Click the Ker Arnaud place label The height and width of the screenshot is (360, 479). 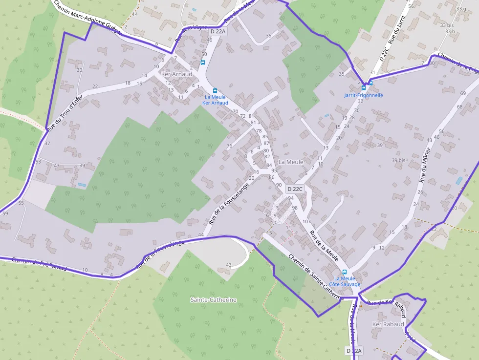[176, 74]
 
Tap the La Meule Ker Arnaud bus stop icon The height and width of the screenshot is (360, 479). [215, 91]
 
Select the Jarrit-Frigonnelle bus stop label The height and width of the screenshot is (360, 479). [364, 95]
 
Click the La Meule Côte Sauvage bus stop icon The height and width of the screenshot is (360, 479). [345, 272]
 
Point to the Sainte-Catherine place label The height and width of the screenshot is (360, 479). [214, 299]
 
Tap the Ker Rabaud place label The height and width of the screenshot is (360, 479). [388, 324]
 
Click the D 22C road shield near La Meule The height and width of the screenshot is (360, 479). [295, 189]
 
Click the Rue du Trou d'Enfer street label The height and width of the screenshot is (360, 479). [65, 111]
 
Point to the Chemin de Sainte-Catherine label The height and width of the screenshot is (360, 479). [316, 277]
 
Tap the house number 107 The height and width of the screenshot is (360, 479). [306, 222]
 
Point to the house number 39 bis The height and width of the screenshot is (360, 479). [399, 160]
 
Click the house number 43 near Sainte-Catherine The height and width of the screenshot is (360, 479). [229, 265]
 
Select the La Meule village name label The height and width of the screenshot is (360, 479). [290, 162]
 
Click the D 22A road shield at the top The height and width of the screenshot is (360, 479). [218, 31]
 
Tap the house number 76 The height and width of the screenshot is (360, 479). [229, 146]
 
